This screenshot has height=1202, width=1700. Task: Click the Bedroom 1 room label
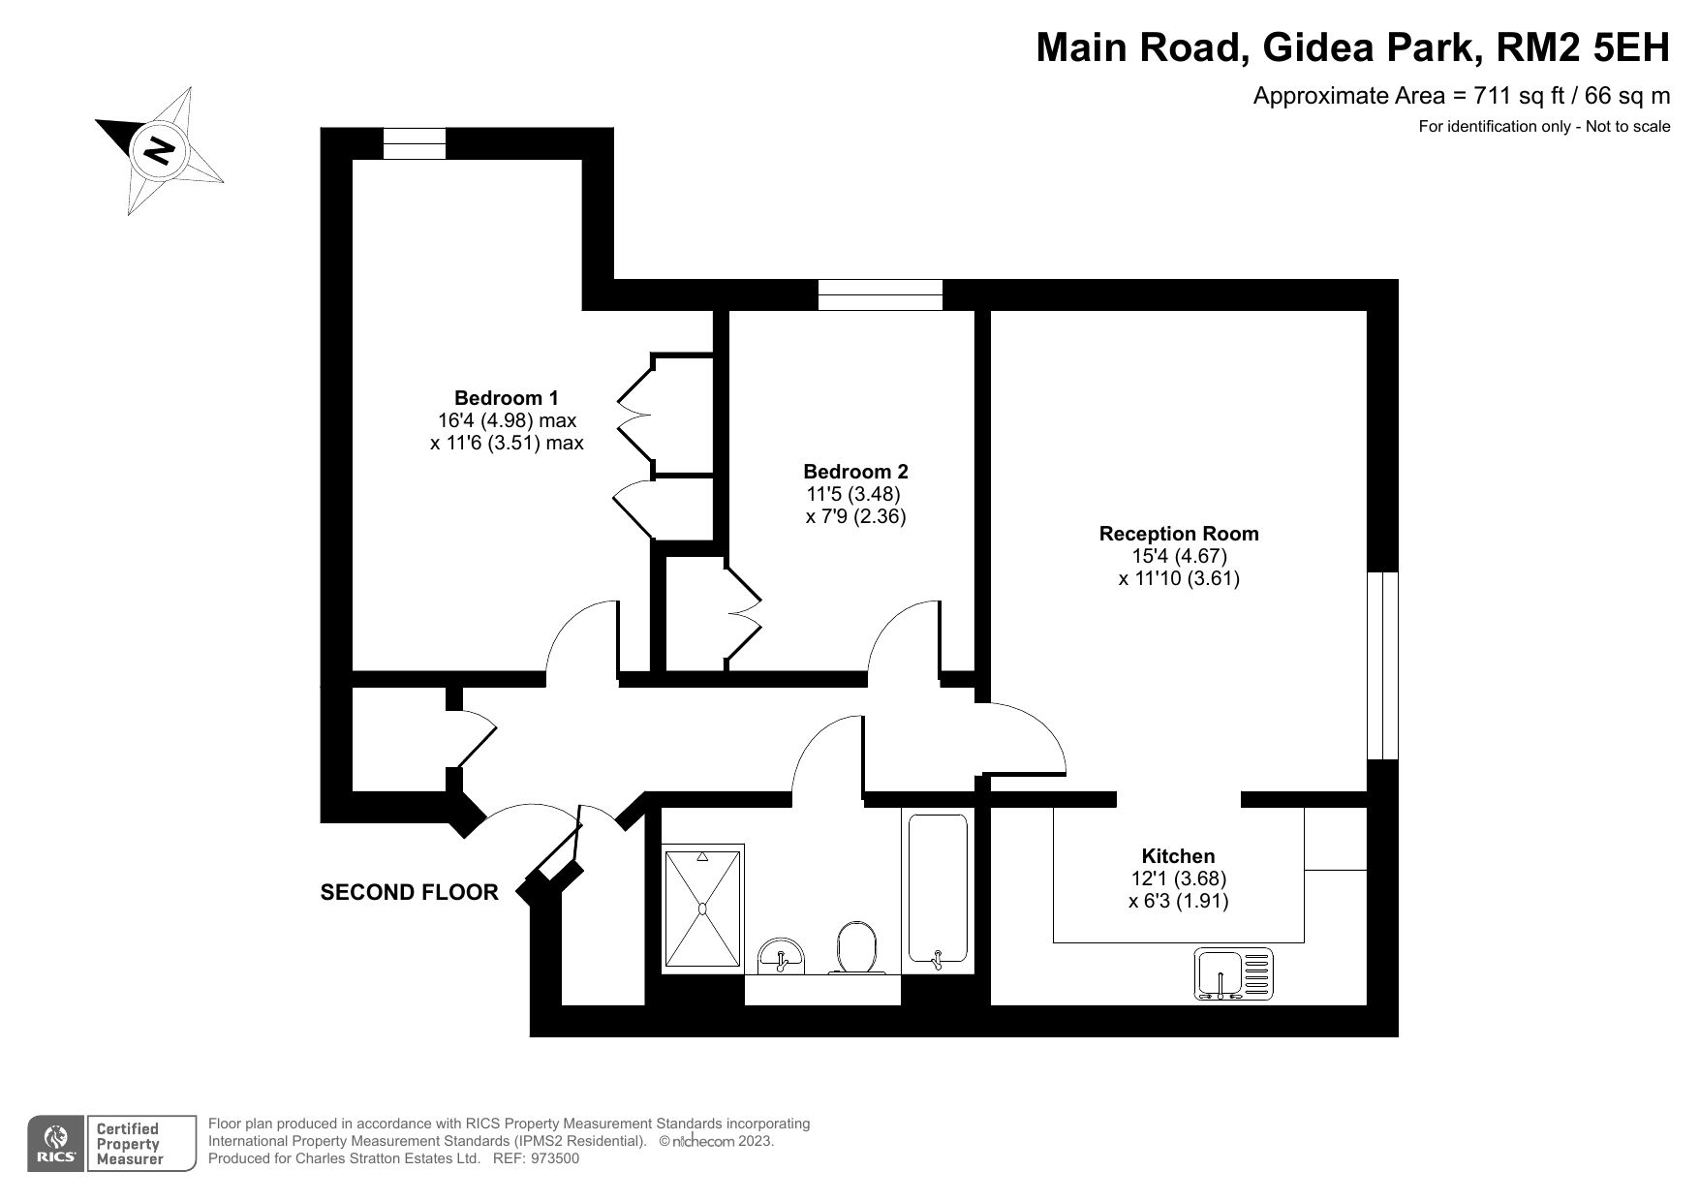[x=506, y=398]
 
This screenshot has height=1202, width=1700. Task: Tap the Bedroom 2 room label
[x=855, y=472]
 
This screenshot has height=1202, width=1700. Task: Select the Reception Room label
[x=1179, y=534]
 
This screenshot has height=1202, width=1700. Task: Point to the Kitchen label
[x=1178, y=856]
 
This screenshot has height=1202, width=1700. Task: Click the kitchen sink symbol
[x=1232, y=973]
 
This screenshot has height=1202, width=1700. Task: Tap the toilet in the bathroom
[x=856, y=947]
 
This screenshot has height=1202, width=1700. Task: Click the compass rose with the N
[x=159, y=150]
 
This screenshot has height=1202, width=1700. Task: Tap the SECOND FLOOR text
[x=409, y=893]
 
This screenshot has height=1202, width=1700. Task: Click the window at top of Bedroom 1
[x=415, y=143]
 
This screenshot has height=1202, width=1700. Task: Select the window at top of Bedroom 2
[x=880, y=294]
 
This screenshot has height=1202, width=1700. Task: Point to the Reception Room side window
[x=1382, y=665]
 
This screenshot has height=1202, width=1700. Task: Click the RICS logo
[x=56, y=1144]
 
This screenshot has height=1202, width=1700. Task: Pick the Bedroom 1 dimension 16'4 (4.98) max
[x=507, y=420]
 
